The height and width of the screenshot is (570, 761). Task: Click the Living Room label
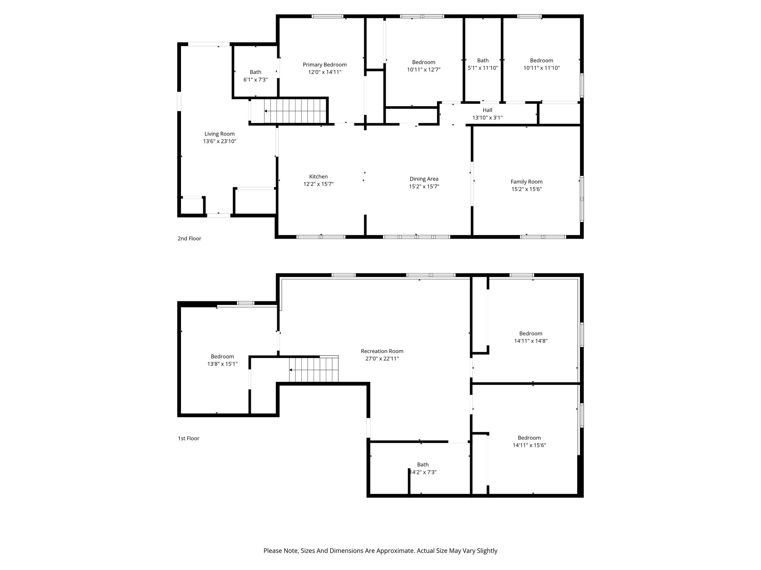[220, 134]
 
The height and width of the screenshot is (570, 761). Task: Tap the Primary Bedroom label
[325, 65]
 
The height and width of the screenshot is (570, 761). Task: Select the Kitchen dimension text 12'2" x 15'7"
[318, 184]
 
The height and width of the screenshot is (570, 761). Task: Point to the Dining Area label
[424, 179]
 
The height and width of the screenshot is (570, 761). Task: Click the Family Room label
[527, 182]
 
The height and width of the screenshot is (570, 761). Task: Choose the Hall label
[488, 110]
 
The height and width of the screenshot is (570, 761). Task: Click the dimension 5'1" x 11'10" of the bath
[483, 68]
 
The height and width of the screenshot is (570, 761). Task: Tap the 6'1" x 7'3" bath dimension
[255, 80]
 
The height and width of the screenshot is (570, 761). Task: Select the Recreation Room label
[382, 351]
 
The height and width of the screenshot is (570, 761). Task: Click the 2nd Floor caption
[189, 239]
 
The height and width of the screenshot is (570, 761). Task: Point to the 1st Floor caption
[188, 439]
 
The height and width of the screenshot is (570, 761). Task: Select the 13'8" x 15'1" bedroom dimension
[222, 364]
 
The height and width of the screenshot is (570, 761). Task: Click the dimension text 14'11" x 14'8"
[531, 341]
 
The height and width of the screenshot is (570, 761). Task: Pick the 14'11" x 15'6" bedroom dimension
[529, 445]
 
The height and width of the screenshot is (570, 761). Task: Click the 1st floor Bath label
[423, 465]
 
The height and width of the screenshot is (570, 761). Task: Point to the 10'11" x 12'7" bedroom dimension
[424, 69]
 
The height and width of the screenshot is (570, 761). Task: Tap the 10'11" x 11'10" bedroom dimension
[541, 68]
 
